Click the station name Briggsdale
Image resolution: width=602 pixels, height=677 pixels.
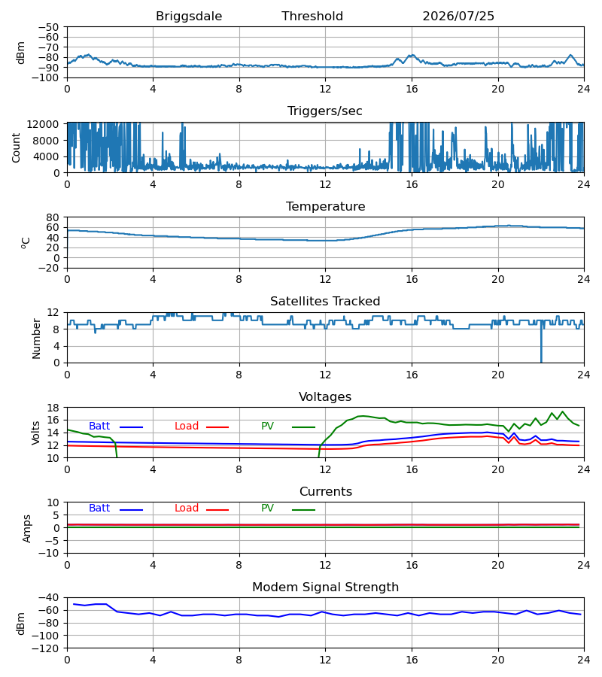(x=189, y=17)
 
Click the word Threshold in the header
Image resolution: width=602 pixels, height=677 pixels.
(x=312, y=17)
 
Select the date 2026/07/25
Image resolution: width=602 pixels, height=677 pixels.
(x=458, y=17)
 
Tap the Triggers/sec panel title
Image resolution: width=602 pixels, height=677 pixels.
(x=325, y=111)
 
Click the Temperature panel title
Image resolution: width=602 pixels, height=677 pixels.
(x=325, y=206)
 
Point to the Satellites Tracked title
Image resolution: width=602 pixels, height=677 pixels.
(x=325, y=302)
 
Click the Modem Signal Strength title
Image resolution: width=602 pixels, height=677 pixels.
(x=325, y=587)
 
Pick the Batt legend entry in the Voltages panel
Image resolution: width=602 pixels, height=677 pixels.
(x=116, y=427)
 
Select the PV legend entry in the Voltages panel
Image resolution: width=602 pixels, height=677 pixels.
(x=288, y=427)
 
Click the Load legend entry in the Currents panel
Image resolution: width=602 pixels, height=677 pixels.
(x=202, y=509)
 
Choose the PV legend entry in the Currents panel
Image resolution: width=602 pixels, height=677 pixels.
(x=288, y=509)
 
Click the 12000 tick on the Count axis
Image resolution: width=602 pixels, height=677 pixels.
(x=43, y=124)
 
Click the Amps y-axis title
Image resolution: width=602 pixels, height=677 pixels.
(x=27, y=529)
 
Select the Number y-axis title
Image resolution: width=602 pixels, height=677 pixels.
(x=36, y=338)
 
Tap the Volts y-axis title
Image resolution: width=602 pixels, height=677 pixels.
(x=36, y=433)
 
